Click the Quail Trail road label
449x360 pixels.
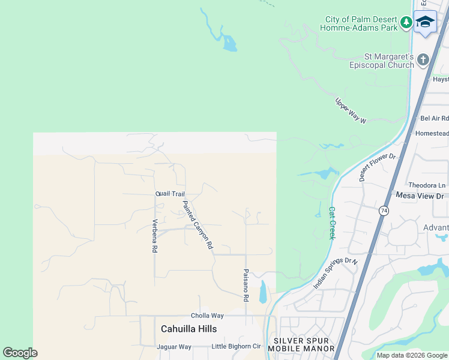170,194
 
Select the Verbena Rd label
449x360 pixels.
154,236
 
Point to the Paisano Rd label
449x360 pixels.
246,285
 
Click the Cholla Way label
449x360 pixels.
207,316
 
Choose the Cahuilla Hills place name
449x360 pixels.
188,329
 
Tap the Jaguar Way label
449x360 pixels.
173,347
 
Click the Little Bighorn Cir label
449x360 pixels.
237,347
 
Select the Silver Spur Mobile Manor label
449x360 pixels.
304,344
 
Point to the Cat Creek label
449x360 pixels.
331,223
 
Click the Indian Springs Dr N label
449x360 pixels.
335,273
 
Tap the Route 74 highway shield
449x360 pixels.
384,211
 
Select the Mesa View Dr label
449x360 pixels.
420,196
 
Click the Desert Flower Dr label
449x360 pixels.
378,167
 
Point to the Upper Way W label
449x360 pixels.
351,111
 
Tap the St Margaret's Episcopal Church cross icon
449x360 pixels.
423,59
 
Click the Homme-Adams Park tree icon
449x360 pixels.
406,23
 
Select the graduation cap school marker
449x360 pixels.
425,22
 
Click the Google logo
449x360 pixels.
20,353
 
